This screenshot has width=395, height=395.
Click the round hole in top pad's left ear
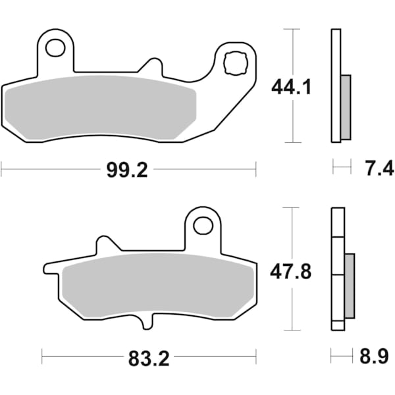(55, 48)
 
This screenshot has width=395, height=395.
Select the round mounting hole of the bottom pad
(203, 226)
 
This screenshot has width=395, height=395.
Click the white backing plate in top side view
(336, 86)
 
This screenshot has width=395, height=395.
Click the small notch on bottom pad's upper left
(105, 243)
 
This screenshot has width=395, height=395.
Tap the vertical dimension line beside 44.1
(291, 118)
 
